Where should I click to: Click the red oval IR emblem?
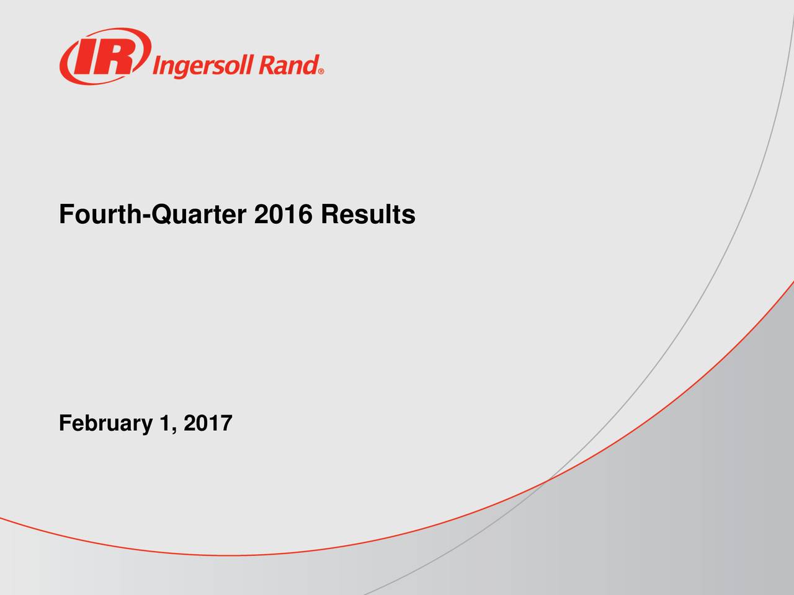[x=104, y=55]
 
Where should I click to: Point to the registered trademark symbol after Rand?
[x=321, y=71]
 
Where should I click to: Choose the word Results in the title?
[x=367, y=215]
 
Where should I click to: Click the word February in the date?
[x=105, y=425]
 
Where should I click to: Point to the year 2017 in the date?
[x=208, y=424]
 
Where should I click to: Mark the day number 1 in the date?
[x=164, y=424]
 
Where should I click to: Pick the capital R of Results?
[x=329, y=215]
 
